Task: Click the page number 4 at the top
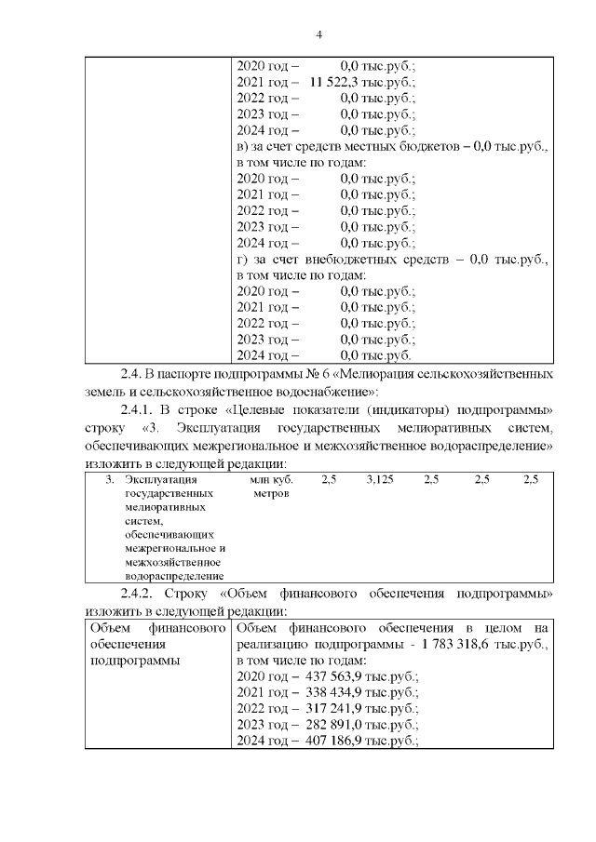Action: point(318,35)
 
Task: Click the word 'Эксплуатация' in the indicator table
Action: point(155,479)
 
